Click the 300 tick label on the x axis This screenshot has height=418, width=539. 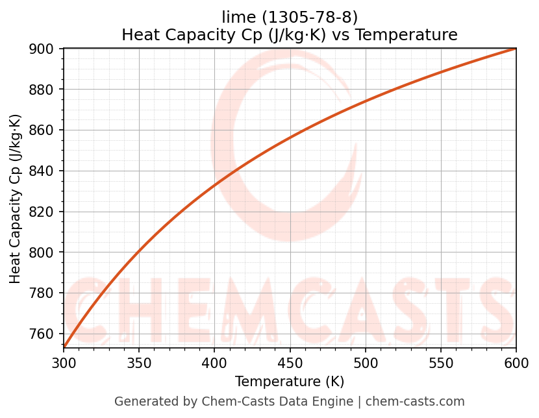(x=64, y=363)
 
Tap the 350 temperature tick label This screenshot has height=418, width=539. (x=139, y=363)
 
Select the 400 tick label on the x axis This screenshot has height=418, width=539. (x=214, y=363)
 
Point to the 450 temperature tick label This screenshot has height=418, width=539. (x=290, y=363)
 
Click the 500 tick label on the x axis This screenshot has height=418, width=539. (x=365, y=363)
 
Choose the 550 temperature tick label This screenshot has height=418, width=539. (x=440, y=363)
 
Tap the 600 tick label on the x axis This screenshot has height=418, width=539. (x=516, y=363)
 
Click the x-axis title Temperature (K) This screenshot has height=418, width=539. (x=290, y=382)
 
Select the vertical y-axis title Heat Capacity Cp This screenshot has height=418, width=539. (x=16, y=199)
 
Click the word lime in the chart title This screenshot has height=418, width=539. (x=235, y=17)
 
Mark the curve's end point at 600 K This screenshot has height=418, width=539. (x=516, y=49)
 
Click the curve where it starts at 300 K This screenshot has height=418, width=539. (x=64, y=347)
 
